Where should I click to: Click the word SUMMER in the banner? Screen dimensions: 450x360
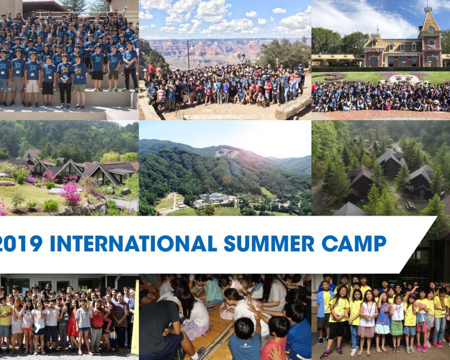coord(269,244)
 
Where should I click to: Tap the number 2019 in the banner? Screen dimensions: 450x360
coord(21,244)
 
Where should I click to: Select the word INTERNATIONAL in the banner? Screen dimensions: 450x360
coord(134,244)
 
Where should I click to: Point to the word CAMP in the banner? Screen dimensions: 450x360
coord(354,244)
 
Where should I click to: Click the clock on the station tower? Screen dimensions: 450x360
coord(431,30)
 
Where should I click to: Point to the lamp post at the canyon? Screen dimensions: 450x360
coord(189,54)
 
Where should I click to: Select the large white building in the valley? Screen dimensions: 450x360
coord(214,197)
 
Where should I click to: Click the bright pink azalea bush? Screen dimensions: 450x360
coord(70,192)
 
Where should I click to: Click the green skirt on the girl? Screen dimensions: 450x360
coord(396,328)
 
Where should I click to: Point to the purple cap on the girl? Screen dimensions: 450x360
coord(412,296)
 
